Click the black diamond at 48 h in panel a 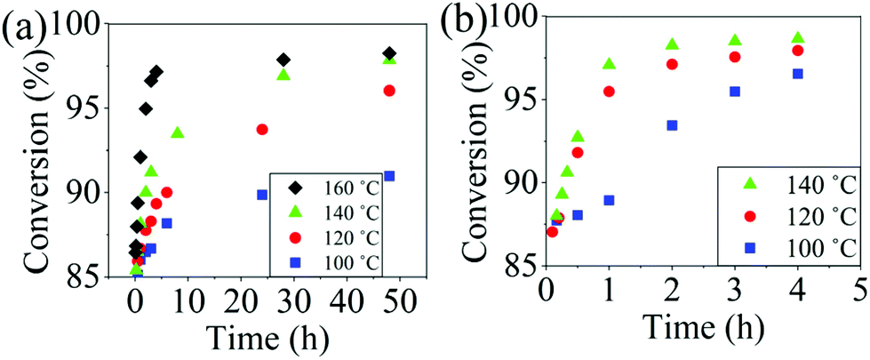pyautogui.click(x=389, y=53)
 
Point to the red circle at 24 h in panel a pyautogui.click(x=262, y=129)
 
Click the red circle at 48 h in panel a pyautogui.click(x=389, y=91)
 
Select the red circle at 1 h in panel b pyautogui.click(x=609, y=92)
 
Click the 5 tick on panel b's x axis pyautogui.click(x=859, y=289)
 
